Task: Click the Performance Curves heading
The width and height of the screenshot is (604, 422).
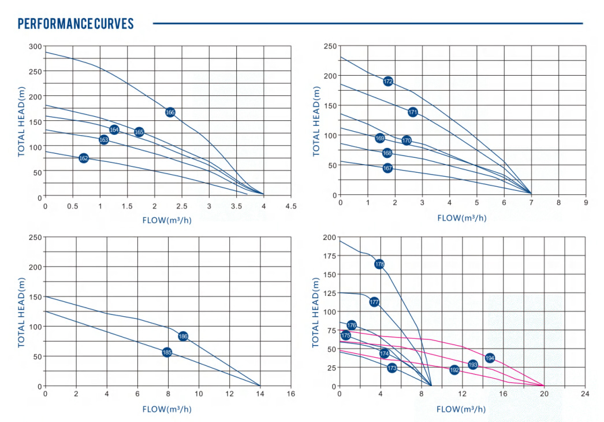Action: pos(76,24)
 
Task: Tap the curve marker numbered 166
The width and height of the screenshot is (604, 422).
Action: pos(170,112)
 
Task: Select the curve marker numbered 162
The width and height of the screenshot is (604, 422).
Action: pos(84,158)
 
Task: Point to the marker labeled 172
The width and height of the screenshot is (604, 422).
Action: pos(388,82)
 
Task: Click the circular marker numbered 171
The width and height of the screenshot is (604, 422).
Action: pos(412,112)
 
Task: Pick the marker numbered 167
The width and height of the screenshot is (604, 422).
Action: pos(387,168)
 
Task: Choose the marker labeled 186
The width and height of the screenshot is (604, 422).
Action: pos(183,336)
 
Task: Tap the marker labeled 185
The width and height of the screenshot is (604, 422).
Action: pos(167,352)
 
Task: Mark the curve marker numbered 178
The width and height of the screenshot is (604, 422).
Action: pos(379,264)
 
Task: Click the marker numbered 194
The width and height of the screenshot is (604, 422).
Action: pos(490,358)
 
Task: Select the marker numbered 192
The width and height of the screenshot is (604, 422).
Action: pos(454,369)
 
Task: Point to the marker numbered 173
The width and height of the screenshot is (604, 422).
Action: pos(392,368)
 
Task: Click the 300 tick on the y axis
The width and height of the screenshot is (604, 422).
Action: pos(35,46)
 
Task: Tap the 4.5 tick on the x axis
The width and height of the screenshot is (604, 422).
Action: pos(290,206)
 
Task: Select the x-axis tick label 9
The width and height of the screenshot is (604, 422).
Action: pos(586,203)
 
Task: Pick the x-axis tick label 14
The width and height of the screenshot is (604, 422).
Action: pos(260,394)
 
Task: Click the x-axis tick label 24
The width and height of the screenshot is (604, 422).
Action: pos(585,394)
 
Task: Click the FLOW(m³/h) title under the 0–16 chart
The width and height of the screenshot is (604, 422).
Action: pos(167,409)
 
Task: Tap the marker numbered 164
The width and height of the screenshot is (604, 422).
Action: pos(114,130)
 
